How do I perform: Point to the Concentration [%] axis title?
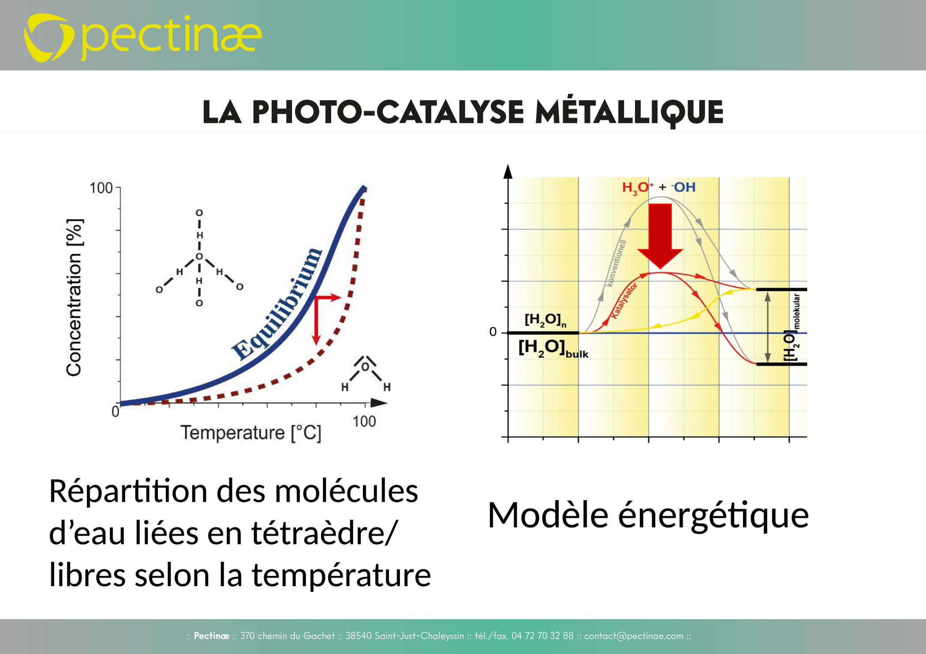pos(74,297)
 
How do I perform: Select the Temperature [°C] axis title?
pos(250,433)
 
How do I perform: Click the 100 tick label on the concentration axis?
pos(101,188)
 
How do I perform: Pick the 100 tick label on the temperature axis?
pos(364,421)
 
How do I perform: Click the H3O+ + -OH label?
pos(659,188)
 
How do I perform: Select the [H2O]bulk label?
pos(553,348)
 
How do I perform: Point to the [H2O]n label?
pos(545,320)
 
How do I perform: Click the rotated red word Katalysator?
pos(624,301)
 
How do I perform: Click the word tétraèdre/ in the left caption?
pos(325,533)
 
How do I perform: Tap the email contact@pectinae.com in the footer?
pos(634,636)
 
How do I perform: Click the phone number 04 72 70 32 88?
pos(542,636)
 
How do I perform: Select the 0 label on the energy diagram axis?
pos(493,332)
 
